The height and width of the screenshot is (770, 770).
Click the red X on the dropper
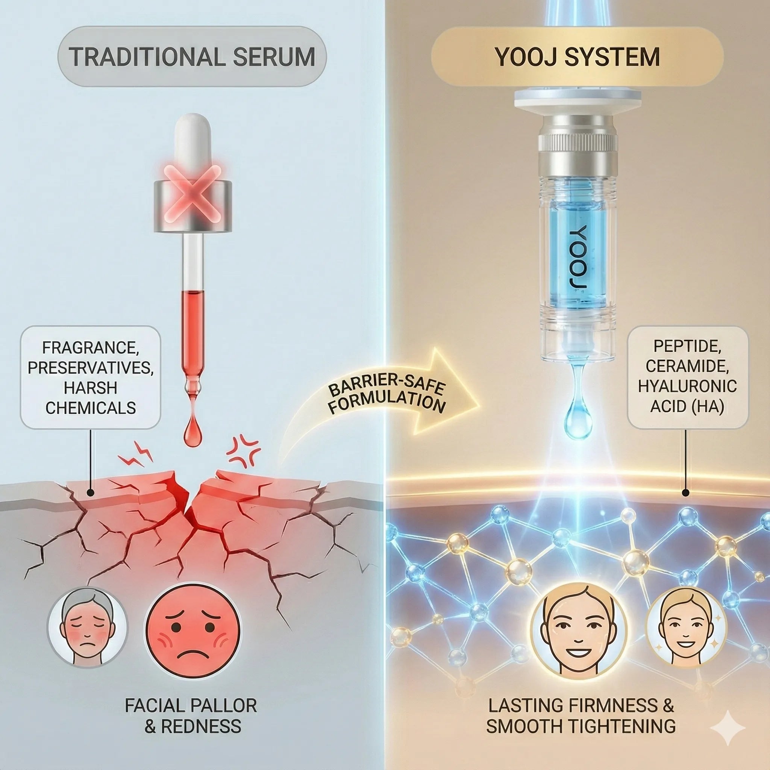tap(193, 194)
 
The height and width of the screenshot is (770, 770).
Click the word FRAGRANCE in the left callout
tap(91, 347)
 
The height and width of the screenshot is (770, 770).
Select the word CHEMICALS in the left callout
tap(91, 408)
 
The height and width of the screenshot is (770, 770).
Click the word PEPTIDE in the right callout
tap(687, 346)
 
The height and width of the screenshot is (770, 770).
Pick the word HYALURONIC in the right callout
tap(687, 386)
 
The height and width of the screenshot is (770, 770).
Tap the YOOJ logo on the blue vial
tap(577, 261)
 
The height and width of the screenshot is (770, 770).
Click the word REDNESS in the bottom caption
tap(201, 726)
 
